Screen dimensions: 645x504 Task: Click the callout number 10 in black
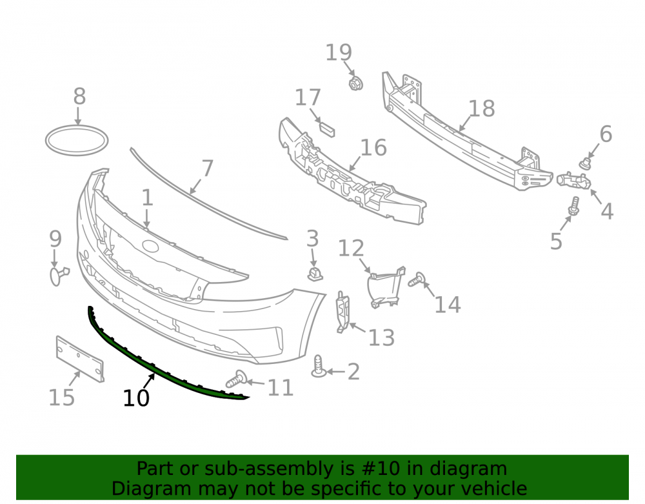click(135, 398)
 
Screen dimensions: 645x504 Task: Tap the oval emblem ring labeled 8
click(77, 128)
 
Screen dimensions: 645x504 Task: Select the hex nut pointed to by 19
click(355, 83)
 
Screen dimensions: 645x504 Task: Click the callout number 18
click(482, 108)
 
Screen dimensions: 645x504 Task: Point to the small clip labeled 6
click(586, 163)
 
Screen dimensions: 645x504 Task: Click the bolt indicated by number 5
click(574, 206)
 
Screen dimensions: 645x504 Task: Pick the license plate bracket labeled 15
click(80, 359)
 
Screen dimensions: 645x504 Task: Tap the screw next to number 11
click(237, 379)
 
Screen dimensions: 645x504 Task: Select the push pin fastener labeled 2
click(319, 366)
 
